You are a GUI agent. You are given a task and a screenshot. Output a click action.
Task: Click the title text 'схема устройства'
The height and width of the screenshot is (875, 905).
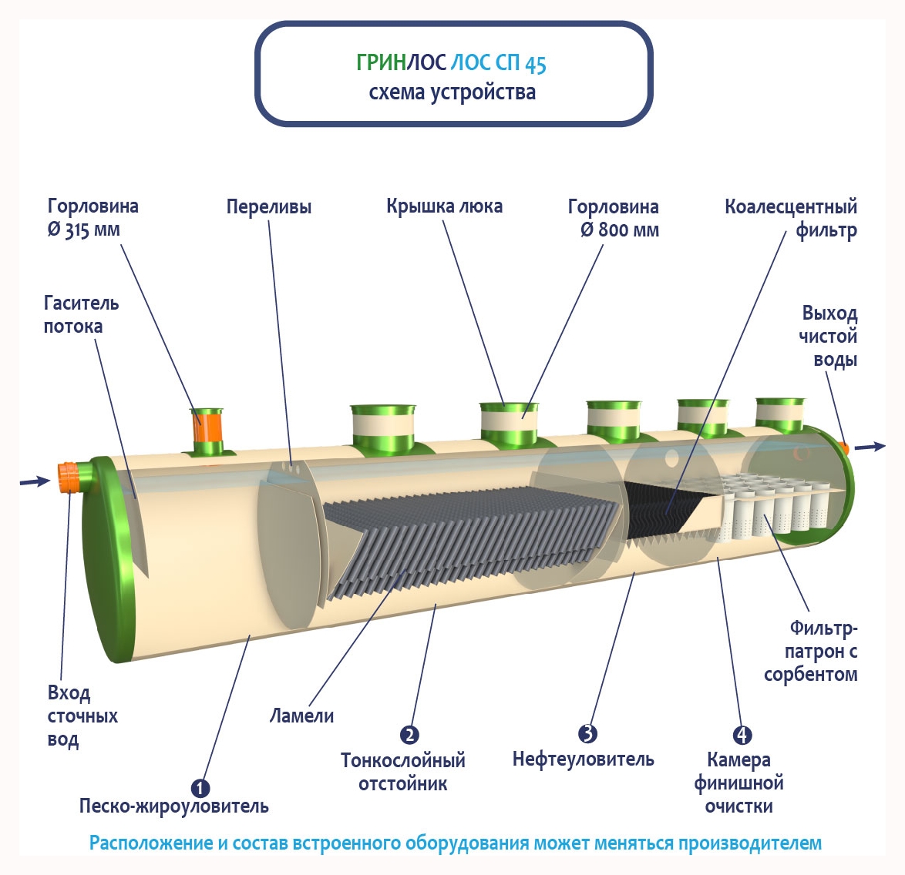point(452,92)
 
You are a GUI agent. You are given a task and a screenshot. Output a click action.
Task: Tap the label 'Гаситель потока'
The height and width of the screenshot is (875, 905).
point(81,314)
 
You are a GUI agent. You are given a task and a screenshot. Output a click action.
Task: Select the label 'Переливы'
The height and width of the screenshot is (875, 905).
point(269,206)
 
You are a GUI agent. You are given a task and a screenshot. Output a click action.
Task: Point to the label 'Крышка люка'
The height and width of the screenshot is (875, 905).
point(444,206)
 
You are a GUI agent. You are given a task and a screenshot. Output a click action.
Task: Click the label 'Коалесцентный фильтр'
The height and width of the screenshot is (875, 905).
point(791,218)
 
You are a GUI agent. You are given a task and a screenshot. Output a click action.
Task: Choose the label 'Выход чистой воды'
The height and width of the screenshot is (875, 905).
point(829,336)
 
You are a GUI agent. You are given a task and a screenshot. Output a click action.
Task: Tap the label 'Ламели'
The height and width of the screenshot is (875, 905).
point(301,716)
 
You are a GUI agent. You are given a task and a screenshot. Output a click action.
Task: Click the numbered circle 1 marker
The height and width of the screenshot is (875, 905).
point(200,787)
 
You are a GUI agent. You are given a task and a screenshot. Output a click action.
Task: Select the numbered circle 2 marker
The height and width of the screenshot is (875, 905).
point(409,735)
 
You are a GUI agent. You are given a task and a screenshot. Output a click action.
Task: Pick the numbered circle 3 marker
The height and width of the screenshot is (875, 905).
point(587,733)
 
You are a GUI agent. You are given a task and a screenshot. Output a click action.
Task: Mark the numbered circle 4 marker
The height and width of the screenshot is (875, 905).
point(741,735)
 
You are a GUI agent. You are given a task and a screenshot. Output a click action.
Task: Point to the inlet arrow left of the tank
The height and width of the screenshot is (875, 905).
point(35,481)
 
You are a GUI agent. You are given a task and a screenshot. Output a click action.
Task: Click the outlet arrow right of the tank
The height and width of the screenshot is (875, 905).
point(870,446)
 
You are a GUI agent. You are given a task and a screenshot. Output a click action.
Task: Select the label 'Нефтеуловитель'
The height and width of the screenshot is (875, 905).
point(583,759)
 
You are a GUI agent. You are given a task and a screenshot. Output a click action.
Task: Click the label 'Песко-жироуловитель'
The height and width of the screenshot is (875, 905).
point(174,806)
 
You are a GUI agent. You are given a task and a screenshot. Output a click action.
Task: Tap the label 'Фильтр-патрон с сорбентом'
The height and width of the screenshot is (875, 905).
point(811,652)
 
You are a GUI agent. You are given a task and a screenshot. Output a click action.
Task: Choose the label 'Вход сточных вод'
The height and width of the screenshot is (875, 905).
point(82,716)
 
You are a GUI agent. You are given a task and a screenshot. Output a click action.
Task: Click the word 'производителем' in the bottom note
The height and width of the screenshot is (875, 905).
point(749,843)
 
